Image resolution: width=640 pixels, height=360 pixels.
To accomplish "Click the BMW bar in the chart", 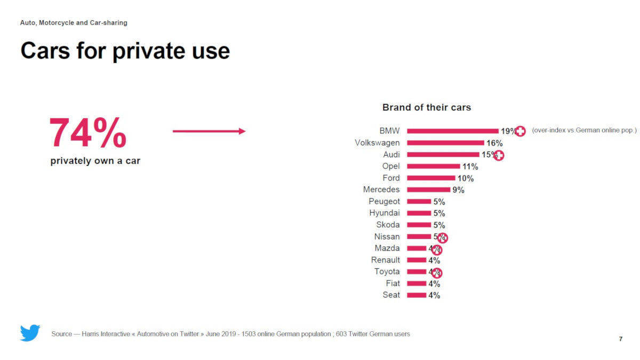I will tap(452, 131).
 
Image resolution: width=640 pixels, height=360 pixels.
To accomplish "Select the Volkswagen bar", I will tap(445, 142).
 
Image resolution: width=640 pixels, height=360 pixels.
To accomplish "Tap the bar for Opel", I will tap(433, 166).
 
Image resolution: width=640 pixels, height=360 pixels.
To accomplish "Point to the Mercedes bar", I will tap(428, 189).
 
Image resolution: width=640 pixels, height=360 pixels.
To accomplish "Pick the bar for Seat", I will tap(417, 295).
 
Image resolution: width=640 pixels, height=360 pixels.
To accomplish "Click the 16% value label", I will tap(494, 143).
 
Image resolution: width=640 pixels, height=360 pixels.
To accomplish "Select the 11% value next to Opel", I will tap(470, 166).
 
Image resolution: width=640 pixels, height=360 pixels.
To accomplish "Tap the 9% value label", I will tap(458, 190).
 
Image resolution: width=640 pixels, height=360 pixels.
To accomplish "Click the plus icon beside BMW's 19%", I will tap(520, 131).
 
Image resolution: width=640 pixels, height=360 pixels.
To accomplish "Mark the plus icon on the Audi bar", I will tap(499, 155).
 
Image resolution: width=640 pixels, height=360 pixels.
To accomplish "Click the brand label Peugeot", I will tap(384, 201).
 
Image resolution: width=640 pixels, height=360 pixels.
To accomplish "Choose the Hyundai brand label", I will tap(384, 213).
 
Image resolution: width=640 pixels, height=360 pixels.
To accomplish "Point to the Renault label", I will tap(386, 260).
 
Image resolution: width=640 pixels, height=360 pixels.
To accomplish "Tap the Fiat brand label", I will tap(393, 283).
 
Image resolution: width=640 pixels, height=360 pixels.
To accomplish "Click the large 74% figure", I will tap(88, 133).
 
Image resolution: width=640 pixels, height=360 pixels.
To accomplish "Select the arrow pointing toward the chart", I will tap(209, 131).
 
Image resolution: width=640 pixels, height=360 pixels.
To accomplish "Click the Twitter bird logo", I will tap(30, 333).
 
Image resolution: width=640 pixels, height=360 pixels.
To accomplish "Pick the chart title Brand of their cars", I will tap(427, 107).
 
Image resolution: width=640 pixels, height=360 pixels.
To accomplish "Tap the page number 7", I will tap(620, 339).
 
